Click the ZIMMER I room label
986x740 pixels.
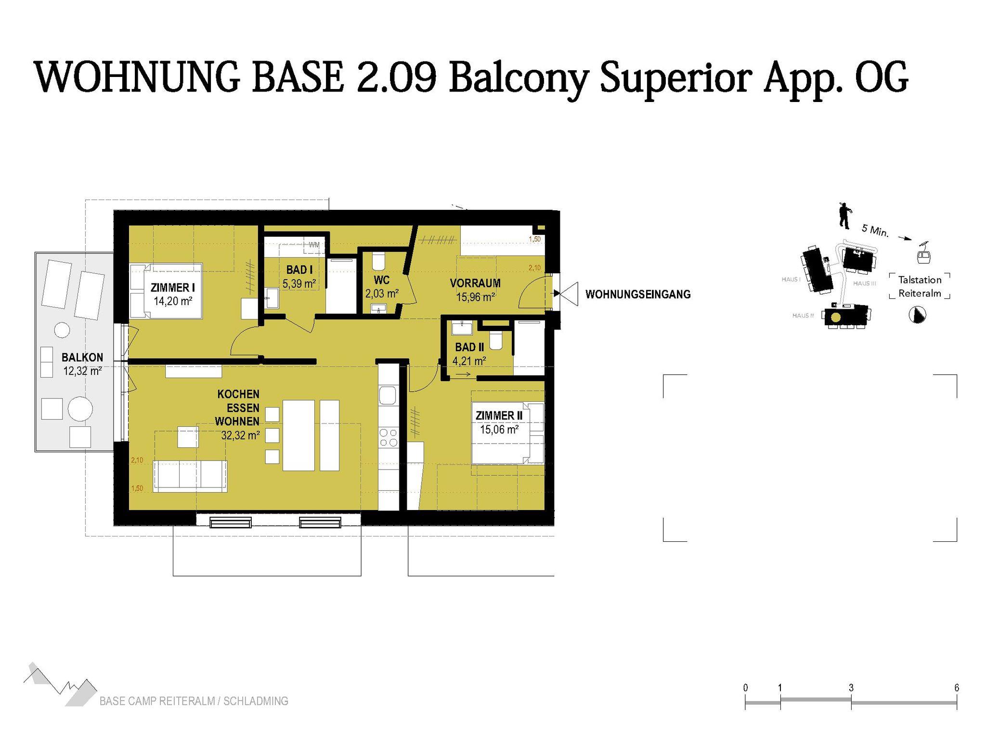(172, 288)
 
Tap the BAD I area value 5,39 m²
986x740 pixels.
(299, 284)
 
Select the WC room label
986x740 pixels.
(381, 280)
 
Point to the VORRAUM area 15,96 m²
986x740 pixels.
(475, 297)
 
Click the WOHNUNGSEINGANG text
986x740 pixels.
(638, 294)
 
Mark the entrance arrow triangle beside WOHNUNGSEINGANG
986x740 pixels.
(566, 293)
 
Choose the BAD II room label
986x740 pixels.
(469, 347)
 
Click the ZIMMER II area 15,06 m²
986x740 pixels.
(499, 430)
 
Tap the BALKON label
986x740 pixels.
(82, 357)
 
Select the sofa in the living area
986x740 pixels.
(190, 476)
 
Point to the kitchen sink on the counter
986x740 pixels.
(388, 396)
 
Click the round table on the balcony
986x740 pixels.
(80, 409)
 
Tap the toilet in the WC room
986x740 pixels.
(378, 261)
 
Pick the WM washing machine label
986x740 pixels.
(314, 245)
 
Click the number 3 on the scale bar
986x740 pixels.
(851, 688)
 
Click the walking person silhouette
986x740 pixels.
(843, 216)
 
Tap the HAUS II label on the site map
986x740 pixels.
(803, 316)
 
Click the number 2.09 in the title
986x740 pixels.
(396, 77)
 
